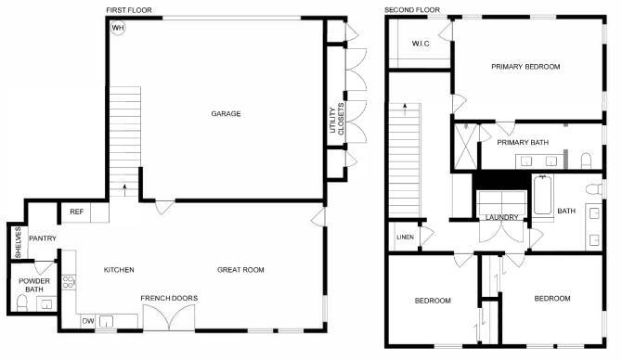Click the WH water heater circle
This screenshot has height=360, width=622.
point(118,28)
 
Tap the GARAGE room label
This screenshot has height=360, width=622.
point(226,114)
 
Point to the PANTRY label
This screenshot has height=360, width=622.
point(43,238)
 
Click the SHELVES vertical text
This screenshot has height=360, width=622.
point(18,243)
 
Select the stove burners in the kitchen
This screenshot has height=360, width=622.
point(69,284)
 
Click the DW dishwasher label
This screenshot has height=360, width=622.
point(88,321)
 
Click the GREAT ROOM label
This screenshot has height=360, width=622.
point(241,270)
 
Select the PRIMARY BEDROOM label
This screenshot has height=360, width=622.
point(526,67)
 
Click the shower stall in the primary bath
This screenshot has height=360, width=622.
point(465,145)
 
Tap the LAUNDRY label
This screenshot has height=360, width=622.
point(502,218)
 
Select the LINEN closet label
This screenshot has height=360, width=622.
point(405,238)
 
